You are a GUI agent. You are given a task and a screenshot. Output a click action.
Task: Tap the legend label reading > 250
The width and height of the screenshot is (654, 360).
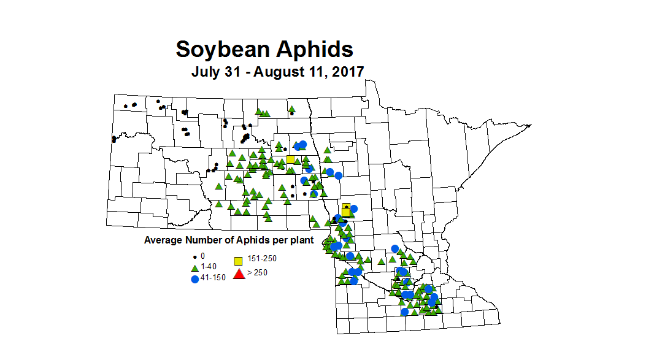257,273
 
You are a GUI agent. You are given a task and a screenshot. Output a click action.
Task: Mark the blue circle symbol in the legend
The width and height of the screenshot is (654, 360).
195,278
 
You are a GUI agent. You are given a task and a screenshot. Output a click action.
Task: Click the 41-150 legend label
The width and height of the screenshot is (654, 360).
214,277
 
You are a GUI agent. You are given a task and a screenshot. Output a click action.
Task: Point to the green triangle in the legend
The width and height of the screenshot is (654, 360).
195,266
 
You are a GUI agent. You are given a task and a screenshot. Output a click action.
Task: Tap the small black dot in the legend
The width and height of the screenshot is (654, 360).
195,256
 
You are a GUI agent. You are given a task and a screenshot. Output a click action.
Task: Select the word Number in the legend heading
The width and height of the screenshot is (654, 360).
199,240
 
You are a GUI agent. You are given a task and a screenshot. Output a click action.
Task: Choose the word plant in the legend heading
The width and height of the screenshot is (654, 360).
302,240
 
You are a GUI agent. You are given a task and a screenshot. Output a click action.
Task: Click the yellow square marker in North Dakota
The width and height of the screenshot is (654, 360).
290,159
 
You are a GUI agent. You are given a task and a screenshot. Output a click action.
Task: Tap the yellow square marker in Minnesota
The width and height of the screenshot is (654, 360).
346,209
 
